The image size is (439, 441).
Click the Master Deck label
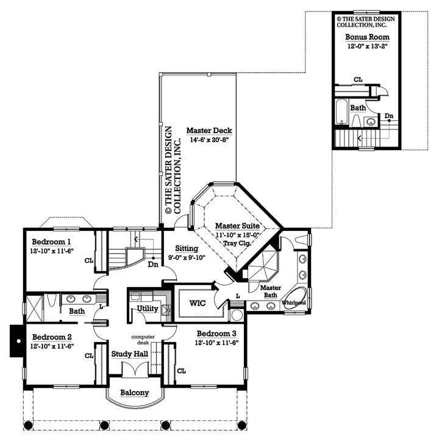209,131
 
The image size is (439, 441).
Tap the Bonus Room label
367,37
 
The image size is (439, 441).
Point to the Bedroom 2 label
52,337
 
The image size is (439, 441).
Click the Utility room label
148,309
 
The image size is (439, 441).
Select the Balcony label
134,393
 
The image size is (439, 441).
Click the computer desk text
146,340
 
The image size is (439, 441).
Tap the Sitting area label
187,249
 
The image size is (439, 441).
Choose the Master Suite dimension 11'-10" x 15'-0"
238,235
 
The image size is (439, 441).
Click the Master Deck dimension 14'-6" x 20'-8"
209,140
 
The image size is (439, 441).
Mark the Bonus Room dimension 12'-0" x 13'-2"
367,46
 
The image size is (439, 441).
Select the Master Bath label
269,291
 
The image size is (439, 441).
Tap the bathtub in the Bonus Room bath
341,114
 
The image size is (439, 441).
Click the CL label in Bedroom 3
181,370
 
